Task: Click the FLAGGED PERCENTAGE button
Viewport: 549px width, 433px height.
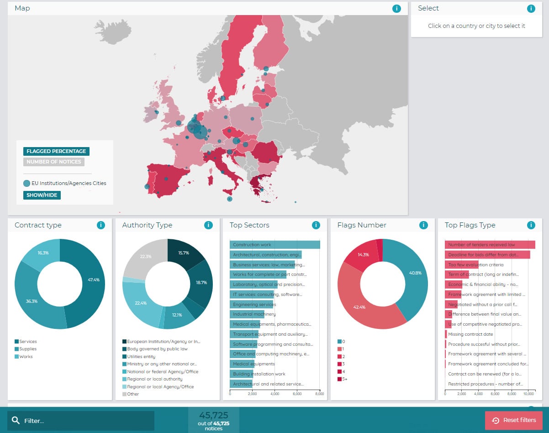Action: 56,151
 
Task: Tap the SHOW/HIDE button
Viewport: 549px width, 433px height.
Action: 42,195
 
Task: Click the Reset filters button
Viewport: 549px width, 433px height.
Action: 513,420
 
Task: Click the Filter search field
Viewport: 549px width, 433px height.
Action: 81,421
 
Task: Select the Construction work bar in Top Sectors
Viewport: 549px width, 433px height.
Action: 274,245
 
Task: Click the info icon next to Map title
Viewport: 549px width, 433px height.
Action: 396,9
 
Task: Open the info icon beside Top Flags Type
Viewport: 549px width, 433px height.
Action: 531,225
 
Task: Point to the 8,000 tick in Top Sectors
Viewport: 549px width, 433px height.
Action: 320,393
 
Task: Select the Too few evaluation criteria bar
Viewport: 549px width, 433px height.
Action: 462,264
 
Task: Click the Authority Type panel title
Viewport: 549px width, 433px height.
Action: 147,225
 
